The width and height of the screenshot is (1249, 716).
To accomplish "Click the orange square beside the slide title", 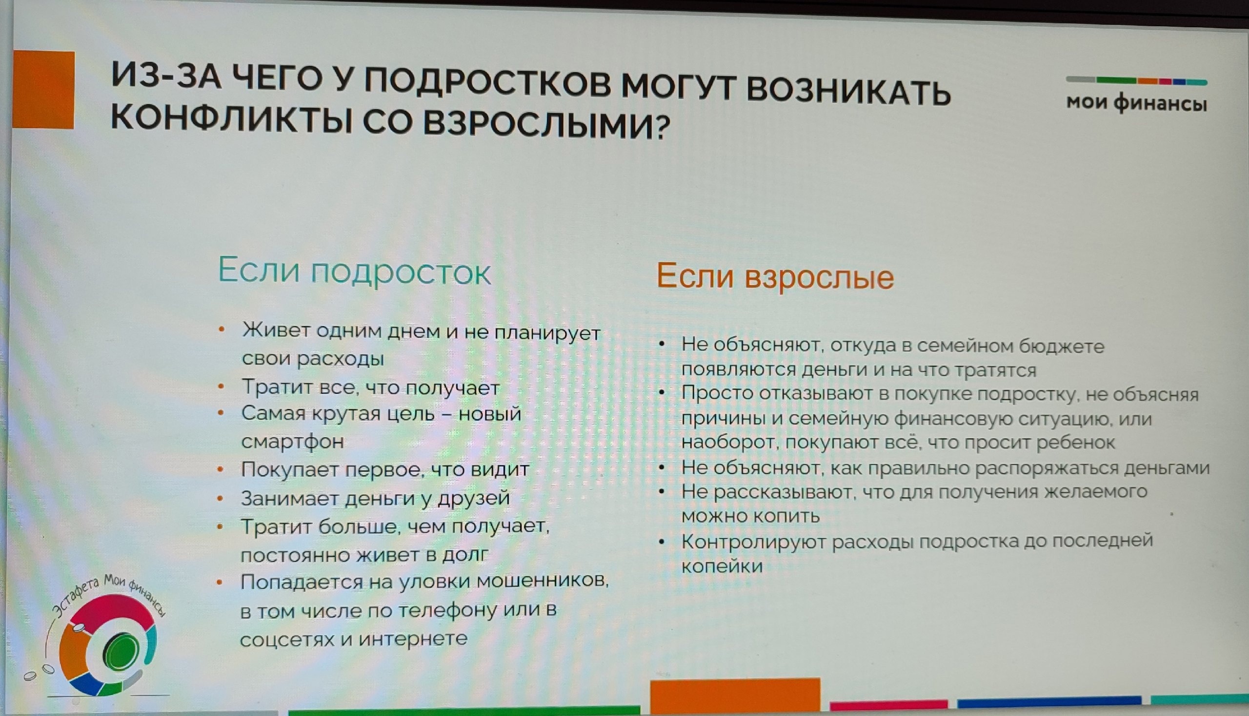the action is [43, 90].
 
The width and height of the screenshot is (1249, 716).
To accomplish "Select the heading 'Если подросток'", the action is [354, 271].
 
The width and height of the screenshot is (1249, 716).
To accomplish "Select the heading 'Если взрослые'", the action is [775, 277].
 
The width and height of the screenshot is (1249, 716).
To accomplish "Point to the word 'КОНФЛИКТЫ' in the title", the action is [232, 118].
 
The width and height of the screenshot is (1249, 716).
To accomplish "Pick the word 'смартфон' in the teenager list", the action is [292, 441].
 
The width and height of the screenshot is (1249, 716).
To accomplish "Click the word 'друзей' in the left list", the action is [473, 499].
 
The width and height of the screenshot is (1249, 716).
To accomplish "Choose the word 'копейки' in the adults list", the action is [722, 567].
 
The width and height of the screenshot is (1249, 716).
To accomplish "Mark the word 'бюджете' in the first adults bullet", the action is [1062, 347].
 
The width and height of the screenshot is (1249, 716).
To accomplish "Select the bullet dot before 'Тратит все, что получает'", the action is [221, 387].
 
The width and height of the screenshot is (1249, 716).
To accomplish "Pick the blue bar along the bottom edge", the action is [1049, 703].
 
